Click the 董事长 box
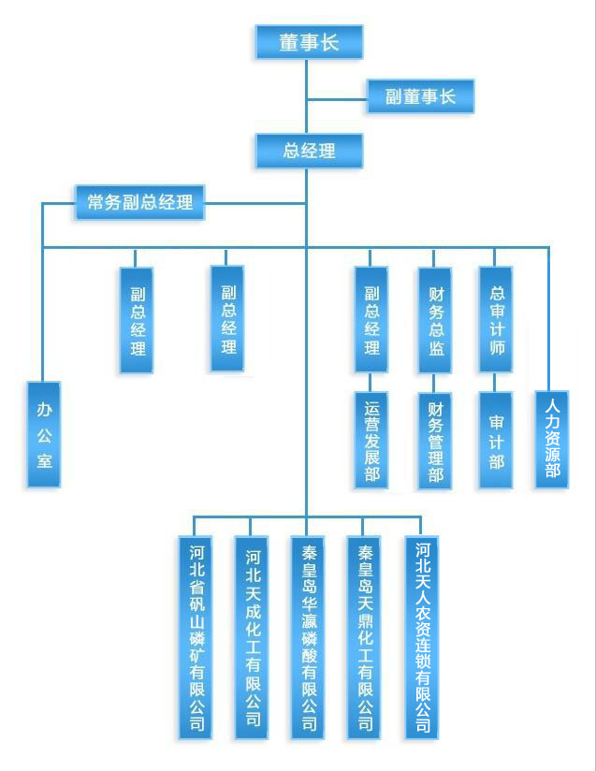pyautogui.click(x=309, y=42)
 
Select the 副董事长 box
pyautogui.click(x=420, y=96)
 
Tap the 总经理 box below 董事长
pyautogui.click(x=309, y=150)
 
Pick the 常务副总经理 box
pyautogui.click(x=139, y=202)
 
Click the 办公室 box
pyautogui.click(x=44, y=434)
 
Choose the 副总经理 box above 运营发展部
pyautogui.click(x=371, y=320)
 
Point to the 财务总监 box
pyautogui.click(x=434, y=320)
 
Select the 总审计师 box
pyautogui.click(x=496, y=320)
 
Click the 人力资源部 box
pyautogui.click(x=552, y=438)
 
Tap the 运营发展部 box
pyautogui.click(x=371, y=440)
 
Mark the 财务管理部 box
pyautogui.click(x=434, y=440)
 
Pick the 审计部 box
pyautogui.click(x=496, y=440)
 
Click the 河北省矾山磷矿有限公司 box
pyautogui.click(x=196, y=636)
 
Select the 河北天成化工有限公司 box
pyautogui.click(x=252, y=636)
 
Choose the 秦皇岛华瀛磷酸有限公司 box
pyautogui.click(x=308, y=636)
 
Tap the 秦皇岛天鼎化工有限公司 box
pyautogui.click(x=364, y=636)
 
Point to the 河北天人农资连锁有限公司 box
pyautogui.click(x=421, y=636)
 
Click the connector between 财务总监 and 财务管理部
pyautogui.click(x=434, y=382)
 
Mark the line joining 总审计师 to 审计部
pyautogui.click(x=496, y=382)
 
